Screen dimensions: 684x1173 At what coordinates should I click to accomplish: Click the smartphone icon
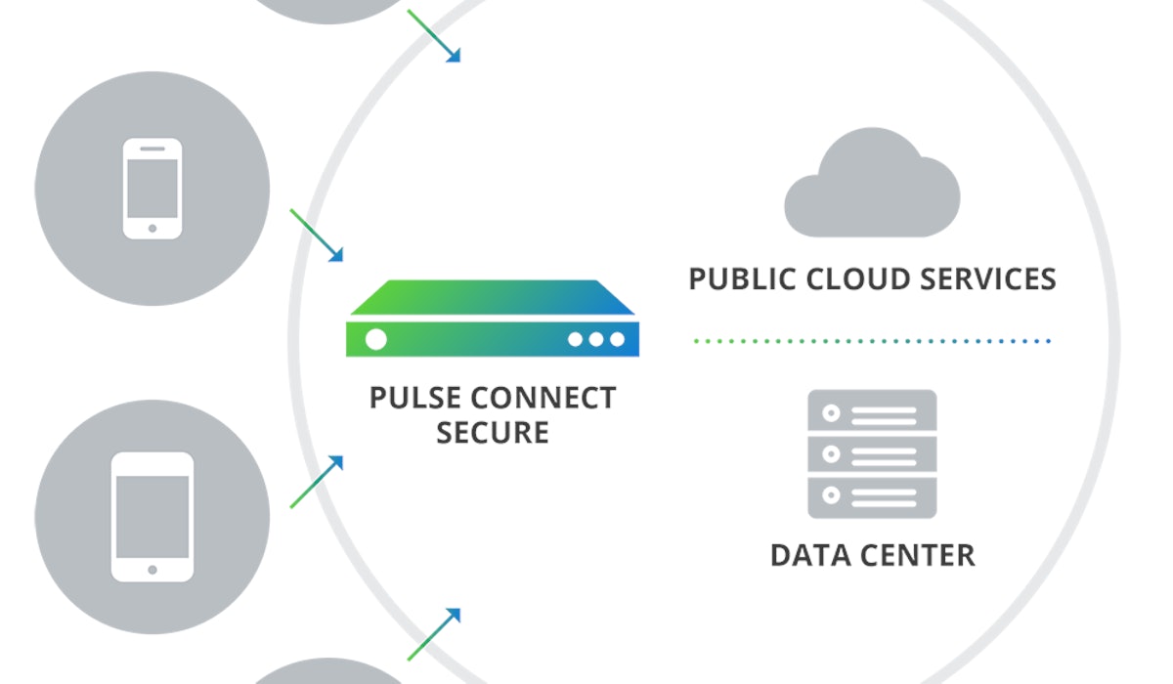[x=152, y=189]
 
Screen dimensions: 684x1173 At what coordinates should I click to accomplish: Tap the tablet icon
[x=152, y=517]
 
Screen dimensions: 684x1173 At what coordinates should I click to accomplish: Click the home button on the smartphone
[x=152, y=228]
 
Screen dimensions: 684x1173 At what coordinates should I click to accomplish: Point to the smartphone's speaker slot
[x=152, y=149]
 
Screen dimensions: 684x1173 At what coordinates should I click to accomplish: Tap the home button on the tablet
[x=152, y=569]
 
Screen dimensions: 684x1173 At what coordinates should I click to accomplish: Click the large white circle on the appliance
[x=375, y=339]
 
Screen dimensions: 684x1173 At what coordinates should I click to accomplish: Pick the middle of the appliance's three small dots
[x=595, y=339]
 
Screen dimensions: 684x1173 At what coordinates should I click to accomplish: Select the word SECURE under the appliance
[x=493, y=432]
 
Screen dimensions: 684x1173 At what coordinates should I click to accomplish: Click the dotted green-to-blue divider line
[x=871, y=341]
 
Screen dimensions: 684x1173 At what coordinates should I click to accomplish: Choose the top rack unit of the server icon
[x=872, y=412]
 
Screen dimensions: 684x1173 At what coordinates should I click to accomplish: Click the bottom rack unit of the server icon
[x=872, y=495]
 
